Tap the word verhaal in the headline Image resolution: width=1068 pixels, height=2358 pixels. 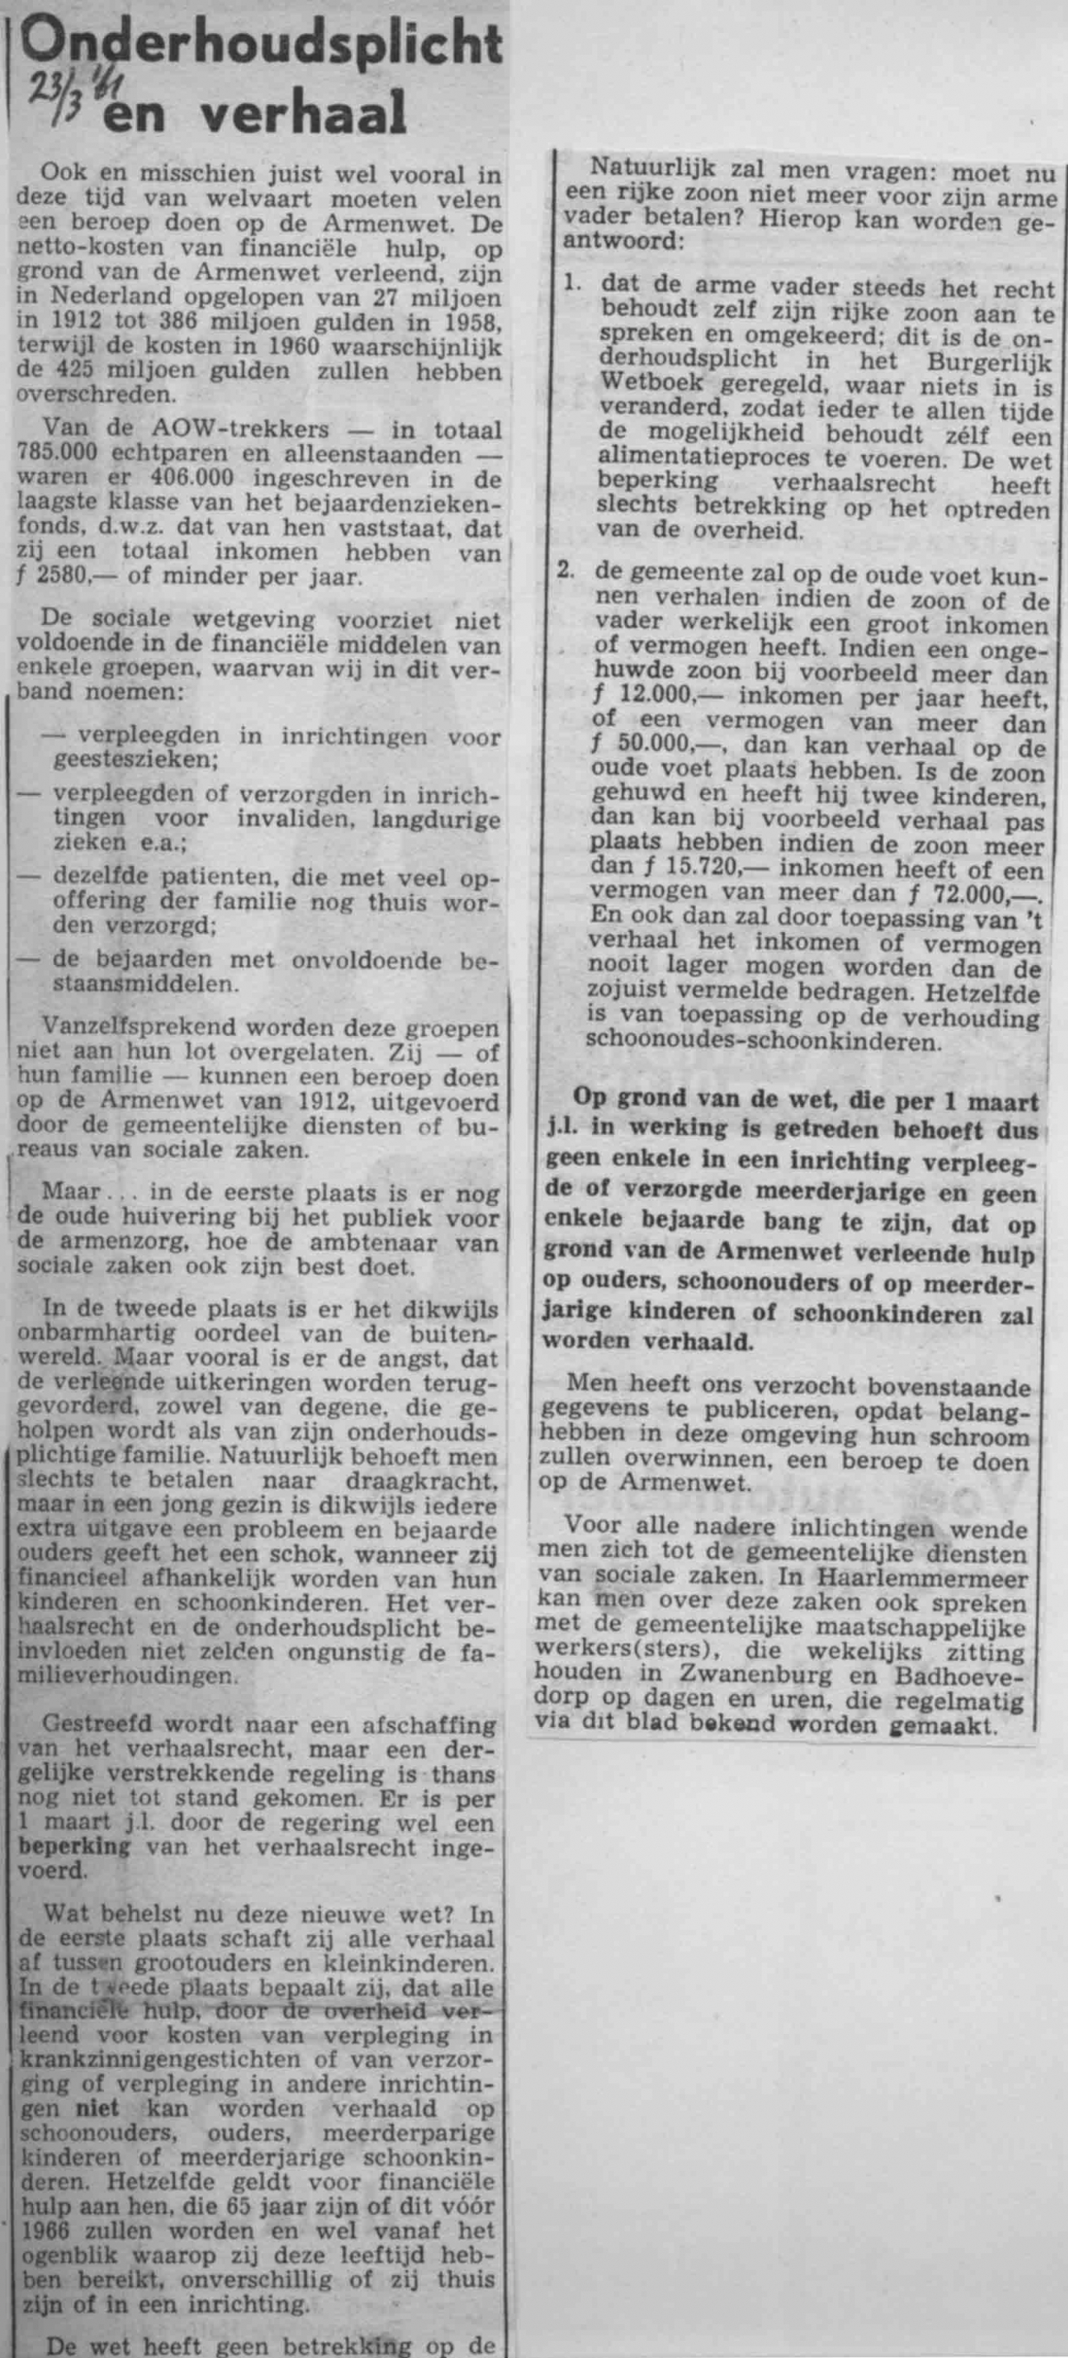coord(301,116)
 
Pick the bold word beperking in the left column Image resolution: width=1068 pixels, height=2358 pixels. coord(62,2095)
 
